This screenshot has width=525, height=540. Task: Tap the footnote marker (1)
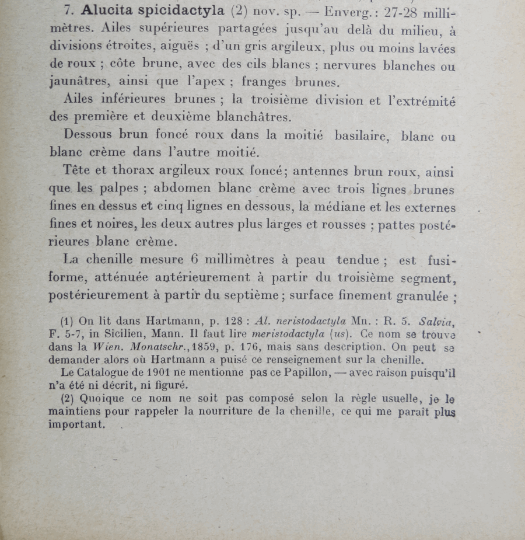coord(67,321)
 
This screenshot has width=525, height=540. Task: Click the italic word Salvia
coord(436,321)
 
